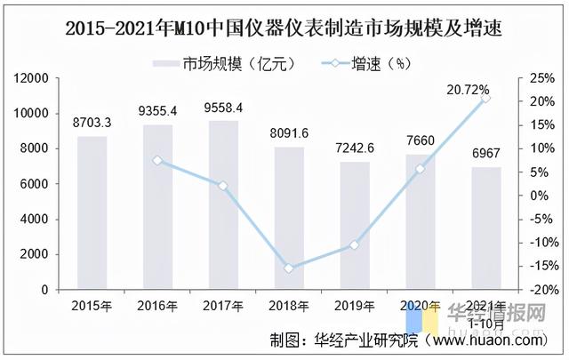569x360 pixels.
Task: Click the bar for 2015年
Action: coord(92,213)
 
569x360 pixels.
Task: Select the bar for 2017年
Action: coord(223,205)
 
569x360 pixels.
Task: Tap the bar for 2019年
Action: coord(355,226)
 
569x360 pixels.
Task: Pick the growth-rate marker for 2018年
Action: coord(289,268)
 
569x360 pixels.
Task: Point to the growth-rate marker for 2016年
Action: coord(157,160)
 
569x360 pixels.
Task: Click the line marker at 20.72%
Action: coord(485,98)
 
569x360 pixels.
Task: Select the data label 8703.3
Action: coord(92,123)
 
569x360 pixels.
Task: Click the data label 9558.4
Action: coord(223,108)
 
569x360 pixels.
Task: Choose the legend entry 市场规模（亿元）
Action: coord(222,62)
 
